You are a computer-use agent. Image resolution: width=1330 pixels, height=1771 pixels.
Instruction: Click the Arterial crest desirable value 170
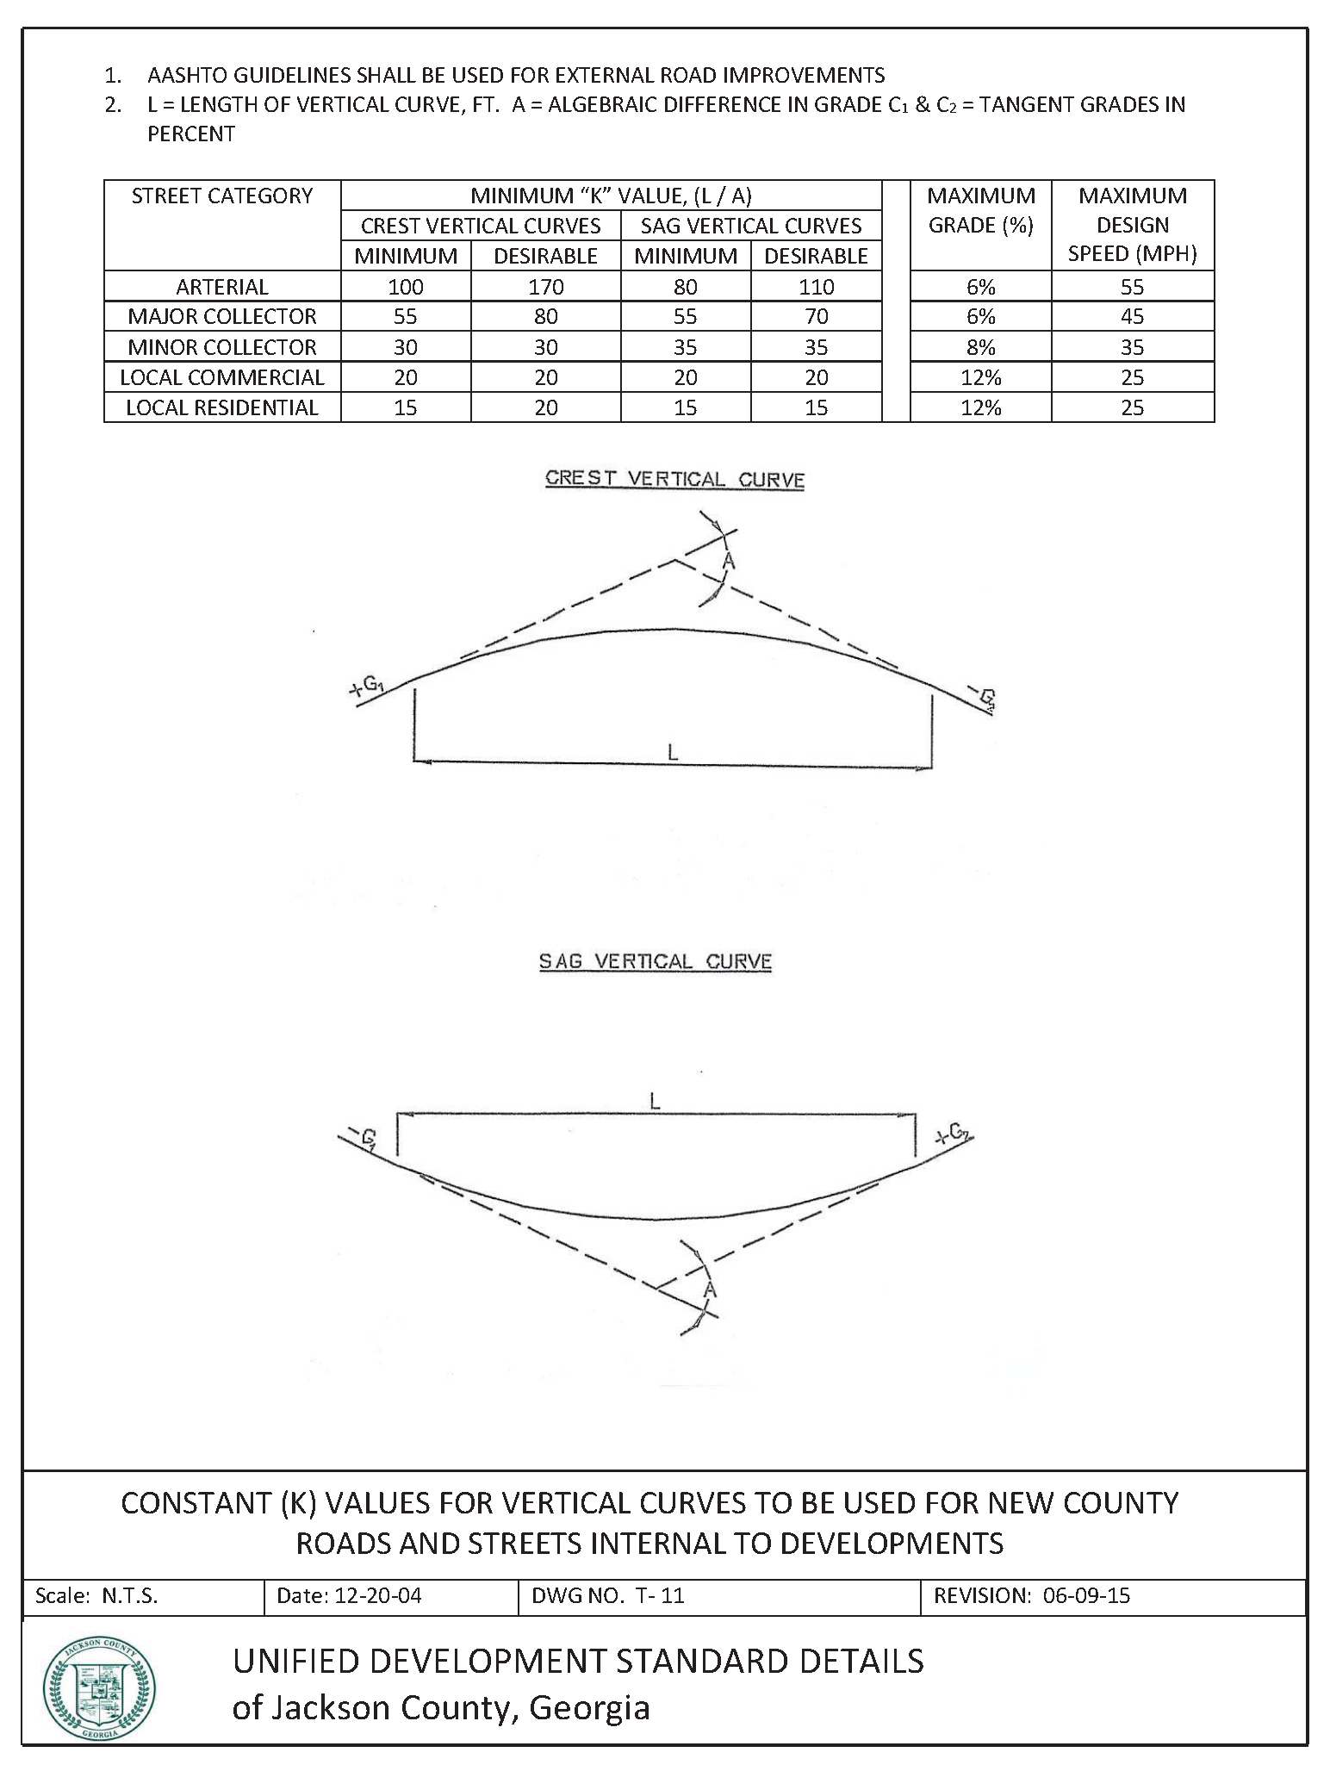click(x=545, y=287)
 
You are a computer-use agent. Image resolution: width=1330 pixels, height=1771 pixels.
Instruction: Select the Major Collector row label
click(x=222, y=317)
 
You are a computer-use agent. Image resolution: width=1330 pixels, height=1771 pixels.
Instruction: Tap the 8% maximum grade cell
click(x=980, y=347)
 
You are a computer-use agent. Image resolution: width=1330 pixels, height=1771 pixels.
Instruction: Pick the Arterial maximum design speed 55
click(x=1132, y=287)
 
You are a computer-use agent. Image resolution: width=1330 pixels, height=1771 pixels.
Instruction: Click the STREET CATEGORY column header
click(x=222, y=196)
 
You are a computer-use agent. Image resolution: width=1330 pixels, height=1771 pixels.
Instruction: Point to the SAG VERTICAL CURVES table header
click(x=750, y=226)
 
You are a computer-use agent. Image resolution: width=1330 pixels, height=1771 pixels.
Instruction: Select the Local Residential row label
click(x=222, y=407)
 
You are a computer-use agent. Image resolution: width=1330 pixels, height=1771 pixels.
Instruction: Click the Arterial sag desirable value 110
click(x=816, y=287)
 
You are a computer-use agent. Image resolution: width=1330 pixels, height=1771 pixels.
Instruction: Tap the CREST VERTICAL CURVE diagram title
click(x=674, y=480)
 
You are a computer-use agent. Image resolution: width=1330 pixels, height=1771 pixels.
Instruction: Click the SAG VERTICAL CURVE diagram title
click(x=655, y=961)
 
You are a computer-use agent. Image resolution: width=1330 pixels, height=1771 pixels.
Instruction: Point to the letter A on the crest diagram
click(x=729, y=562)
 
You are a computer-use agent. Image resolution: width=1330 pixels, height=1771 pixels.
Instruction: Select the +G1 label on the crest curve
click(x=368, y=687)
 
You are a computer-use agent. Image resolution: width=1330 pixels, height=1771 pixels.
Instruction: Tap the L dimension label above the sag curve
click(x=655, y=1101)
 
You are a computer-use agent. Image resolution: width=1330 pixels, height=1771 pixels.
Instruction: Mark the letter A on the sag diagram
click(x=710, y=1289)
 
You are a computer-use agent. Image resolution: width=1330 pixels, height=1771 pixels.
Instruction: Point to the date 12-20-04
click(x=377, y=1596)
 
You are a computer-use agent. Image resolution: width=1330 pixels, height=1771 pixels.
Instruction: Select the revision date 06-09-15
click(x=1085, y=1596)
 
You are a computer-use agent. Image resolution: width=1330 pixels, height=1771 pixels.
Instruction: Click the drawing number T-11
click(x=659, y=1596)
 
